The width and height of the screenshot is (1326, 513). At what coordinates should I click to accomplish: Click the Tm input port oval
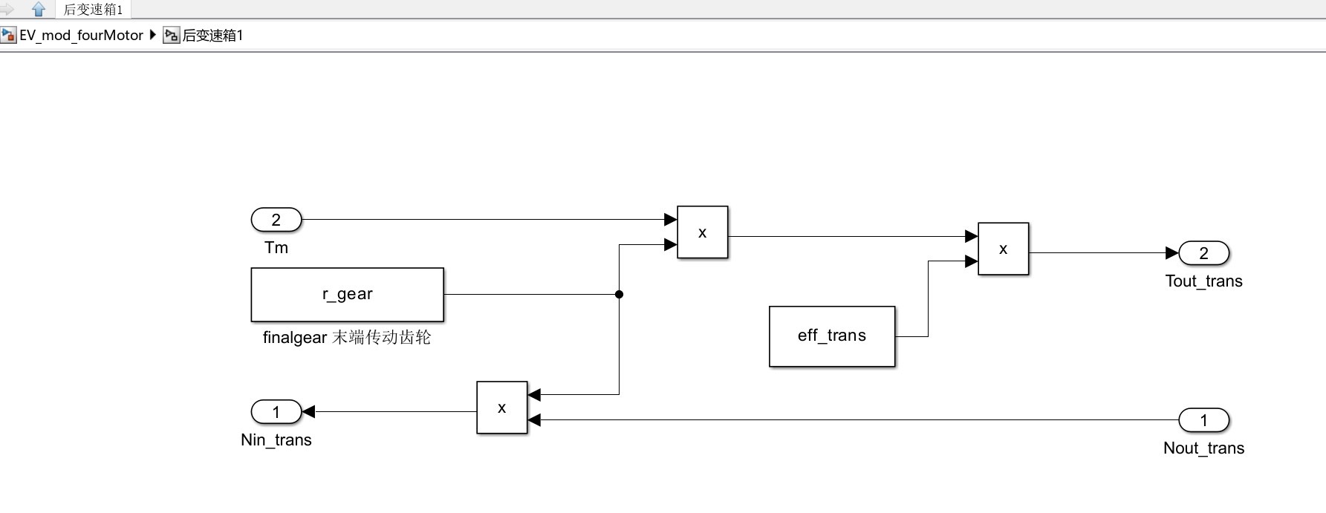(x=276, y=220)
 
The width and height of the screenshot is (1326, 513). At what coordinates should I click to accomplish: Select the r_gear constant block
(x=347, y=295)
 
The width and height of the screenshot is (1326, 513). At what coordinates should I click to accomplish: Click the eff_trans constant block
(x=831, y=336)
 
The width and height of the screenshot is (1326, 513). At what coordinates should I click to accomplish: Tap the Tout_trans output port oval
(x=1203, y=253)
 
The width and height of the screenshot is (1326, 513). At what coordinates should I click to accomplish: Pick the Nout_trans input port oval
(x=1203, y=420)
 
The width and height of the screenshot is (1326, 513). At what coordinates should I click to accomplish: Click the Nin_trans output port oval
(x=276, y=411)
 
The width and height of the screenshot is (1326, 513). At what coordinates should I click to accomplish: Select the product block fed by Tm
(x=702, y=232)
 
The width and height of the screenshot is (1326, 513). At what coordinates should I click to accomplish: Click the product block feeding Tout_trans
(x=1003, y=249)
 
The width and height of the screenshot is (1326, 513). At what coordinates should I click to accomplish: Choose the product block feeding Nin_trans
(x=501, y=408)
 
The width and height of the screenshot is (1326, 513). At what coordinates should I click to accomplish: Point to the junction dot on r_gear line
(x=619, y=295)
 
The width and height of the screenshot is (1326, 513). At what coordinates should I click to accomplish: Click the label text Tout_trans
(x=1203, y=281)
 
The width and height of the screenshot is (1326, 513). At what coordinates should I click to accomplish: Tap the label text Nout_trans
(x=1203, y=448)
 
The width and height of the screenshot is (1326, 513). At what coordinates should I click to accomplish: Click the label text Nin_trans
(x=276, y=440)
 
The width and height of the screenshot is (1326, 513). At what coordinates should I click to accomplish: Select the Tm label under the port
(x=276, y=248)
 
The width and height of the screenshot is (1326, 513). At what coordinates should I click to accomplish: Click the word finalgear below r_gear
(x=295, y=338)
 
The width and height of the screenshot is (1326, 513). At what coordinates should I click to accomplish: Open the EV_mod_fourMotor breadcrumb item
(x=81, y=36)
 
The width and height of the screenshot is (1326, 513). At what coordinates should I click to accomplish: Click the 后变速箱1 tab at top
(x=93, y=10)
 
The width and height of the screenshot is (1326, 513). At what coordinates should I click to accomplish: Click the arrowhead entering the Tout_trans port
(x=1172, y=253)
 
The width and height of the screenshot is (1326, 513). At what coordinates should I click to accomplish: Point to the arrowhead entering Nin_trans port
(x=308, y=411)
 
